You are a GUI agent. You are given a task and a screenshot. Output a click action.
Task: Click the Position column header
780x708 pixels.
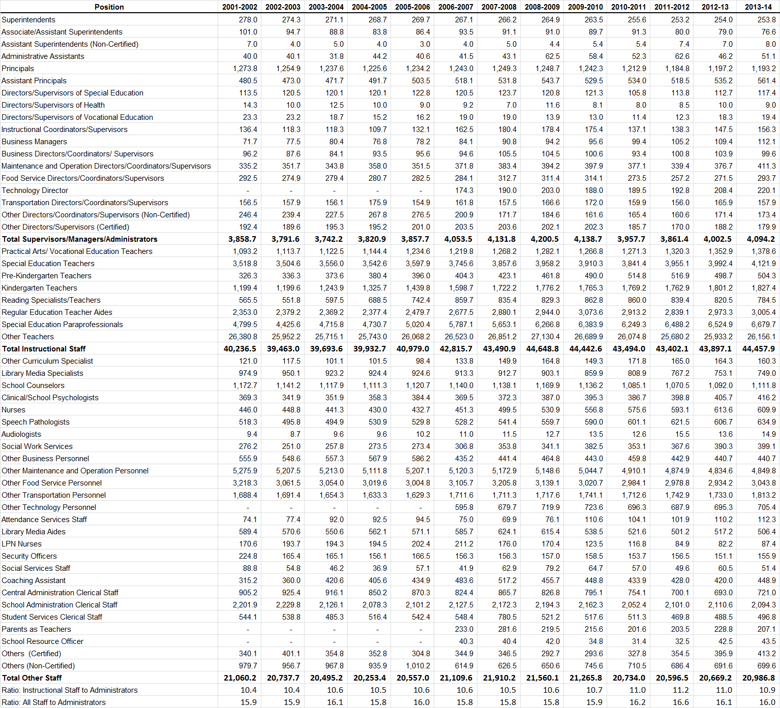tap(109, 7)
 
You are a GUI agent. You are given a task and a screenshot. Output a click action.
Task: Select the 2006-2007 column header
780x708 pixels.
tap(456, 7)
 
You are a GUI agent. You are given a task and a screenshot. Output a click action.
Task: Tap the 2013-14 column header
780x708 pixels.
tap(758, 7)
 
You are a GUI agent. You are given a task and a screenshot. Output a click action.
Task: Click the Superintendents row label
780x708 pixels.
tap(28, 20)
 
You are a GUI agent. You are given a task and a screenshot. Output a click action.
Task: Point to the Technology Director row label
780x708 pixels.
tap(35, 190)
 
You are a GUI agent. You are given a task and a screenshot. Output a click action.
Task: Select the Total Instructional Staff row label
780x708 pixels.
tap(44, 349)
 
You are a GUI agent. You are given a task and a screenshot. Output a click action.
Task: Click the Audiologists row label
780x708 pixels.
tap(21, 434)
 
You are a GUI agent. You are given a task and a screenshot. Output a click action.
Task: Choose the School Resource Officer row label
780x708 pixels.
tap(42, 641)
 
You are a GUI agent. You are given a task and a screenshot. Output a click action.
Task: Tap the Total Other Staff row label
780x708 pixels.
tap(32, 678)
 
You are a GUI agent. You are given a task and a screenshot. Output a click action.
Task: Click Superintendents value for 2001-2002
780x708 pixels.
tap(248, 20)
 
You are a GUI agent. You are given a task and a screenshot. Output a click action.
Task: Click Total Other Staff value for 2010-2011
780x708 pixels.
tap(629, 678)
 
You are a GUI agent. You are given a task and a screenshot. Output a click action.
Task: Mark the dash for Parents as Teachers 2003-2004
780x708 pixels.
tap(334, 629)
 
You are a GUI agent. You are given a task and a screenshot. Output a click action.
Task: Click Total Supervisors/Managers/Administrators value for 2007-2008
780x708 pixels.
tap(501, 239)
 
